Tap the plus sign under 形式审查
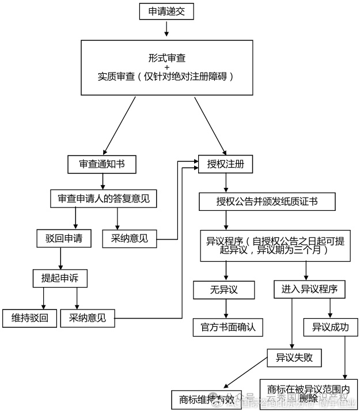point(167,67)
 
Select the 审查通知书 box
point(101,164)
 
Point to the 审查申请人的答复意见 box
point(104,199)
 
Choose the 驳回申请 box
point(63,237)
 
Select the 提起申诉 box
point(60,278)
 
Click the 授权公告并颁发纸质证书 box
point(267,202)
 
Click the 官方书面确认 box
point(228,327)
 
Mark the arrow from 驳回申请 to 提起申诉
point(60,258)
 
